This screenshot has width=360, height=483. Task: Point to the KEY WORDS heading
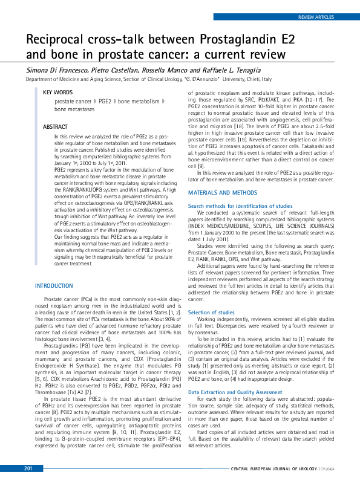click(57, 92)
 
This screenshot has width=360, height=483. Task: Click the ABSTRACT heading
click(55, 127)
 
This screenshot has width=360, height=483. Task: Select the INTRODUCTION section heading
click(54, 285)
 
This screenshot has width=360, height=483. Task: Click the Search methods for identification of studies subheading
click(240, 206)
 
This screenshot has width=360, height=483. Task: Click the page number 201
click(28, 468)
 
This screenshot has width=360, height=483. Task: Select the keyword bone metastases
click(75, 110)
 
